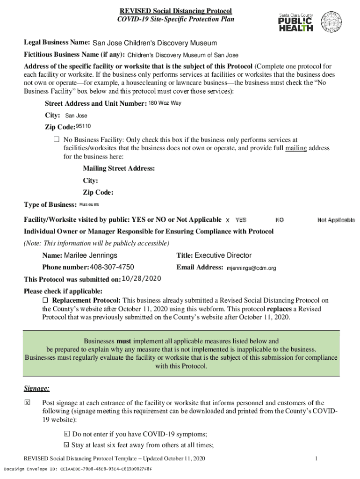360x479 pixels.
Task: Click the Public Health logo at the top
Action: click(x=296, y=22)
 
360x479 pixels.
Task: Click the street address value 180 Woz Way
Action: click(x=165, y=103)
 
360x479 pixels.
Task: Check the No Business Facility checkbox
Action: click(x=57, y=139)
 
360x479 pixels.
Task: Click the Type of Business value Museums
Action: click(x=89, y=204)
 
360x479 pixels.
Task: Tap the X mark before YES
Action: click(x=228, y=220)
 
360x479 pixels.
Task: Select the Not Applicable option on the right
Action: click(x=336, y=220)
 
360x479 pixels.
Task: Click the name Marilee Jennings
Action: click(x=90, y=255)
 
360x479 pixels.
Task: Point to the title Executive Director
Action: click(x=223, y=255)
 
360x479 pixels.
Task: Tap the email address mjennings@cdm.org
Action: click(x=252, y=268)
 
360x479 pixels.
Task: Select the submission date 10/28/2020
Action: click(x=141, y=279)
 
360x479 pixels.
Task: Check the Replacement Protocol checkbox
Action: click(x=45, y=300)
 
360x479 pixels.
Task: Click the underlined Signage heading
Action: click(x=37, y=389)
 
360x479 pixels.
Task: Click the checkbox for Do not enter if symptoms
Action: click(x=66, y=434)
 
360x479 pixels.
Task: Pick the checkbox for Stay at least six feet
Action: click(x=66, y=445)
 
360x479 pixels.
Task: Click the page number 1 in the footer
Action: click(x=317, y=458)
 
